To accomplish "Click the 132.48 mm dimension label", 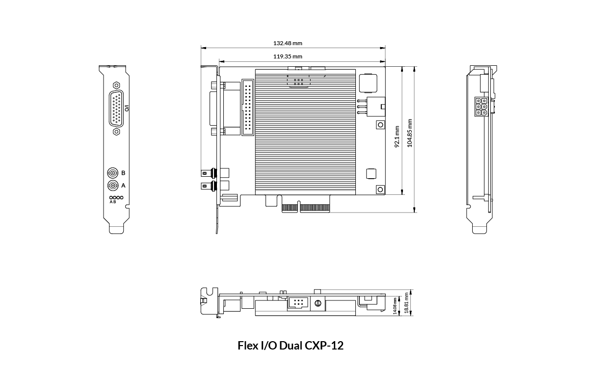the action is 288,43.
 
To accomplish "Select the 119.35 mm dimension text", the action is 288,56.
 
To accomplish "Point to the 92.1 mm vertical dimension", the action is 397,136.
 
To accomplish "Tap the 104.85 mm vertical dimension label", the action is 410,133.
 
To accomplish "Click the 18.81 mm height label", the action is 406,302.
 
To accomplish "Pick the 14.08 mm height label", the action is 395,306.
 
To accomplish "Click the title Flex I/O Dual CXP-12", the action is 291,346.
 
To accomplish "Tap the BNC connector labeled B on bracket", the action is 113,173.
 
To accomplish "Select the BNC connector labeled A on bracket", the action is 113,186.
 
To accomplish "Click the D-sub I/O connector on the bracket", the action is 116,108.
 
